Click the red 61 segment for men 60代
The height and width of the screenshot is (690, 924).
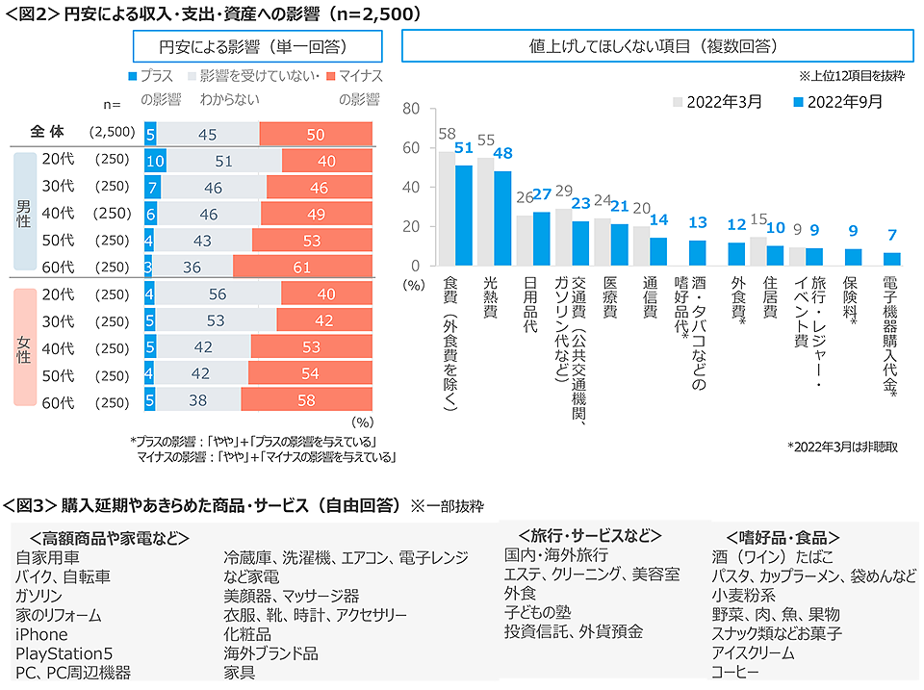click(x=302, y=267)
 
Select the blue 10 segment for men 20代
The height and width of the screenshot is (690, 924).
click(x=155, y=160)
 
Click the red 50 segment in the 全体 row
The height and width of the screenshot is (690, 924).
click(x=316, y=134)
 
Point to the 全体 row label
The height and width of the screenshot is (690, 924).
click(x=47, y=133)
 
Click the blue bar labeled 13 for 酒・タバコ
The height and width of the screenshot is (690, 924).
click(x=698, y=252)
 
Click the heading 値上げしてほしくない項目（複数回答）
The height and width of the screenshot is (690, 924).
click(x=656, y=46)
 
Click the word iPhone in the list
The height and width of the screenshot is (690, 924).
click(x=42, y=634)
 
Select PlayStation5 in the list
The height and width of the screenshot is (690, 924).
click(x=64, y=653)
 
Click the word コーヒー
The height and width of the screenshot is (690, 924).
click(x=735, y=672)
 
